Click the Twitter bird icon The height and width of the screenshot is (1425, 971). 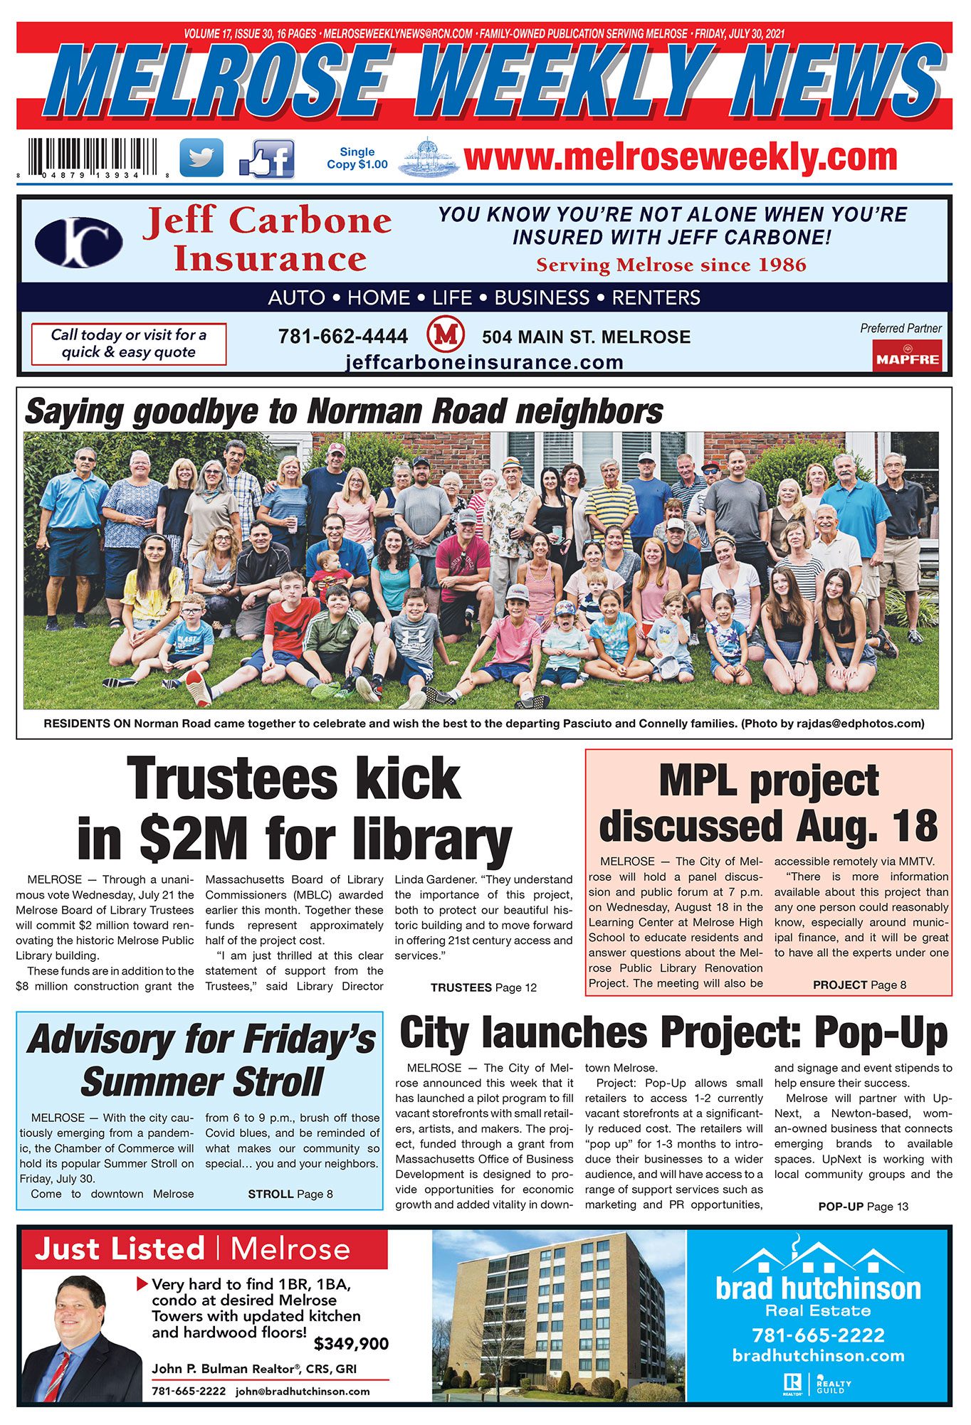coord(201,157)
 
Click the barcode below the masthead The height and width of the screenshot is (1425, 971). coord(93,157)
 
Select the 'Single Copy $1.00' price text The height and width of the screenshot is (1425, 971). coord(357,158)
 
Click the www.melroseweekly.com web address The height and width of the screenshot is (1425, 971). coord(680,157)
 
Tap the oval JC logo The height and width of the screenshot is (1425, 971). coord(78,243)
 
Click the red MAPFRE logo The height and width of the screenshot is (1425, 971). coord(907,356)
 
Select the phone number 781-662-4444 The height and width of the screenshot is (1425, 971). coord(343,337)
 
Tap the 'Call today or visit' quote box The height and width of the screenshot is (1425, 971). coord(128,344)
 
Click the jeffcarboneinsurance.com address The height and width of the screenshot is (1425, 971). coord(484,363)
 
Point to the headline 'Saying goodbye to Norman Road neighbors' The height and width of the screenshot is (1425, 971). coord(344,412)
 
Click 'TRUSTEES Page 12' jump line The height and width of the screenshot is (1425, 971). coord(483,987)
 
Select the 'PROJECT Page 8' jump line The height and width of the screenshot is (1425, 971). coord(859,985)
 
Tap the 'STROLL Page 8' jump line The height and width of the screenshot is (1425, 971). coord(290,1194)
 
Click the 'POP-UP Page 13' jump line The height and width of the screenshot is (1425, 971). coord(863,1207)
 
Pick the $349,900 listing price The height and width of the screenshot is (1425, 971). coord(351,1344)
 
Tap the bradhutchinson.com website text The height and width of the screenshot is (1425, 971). coord(818,1355)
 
